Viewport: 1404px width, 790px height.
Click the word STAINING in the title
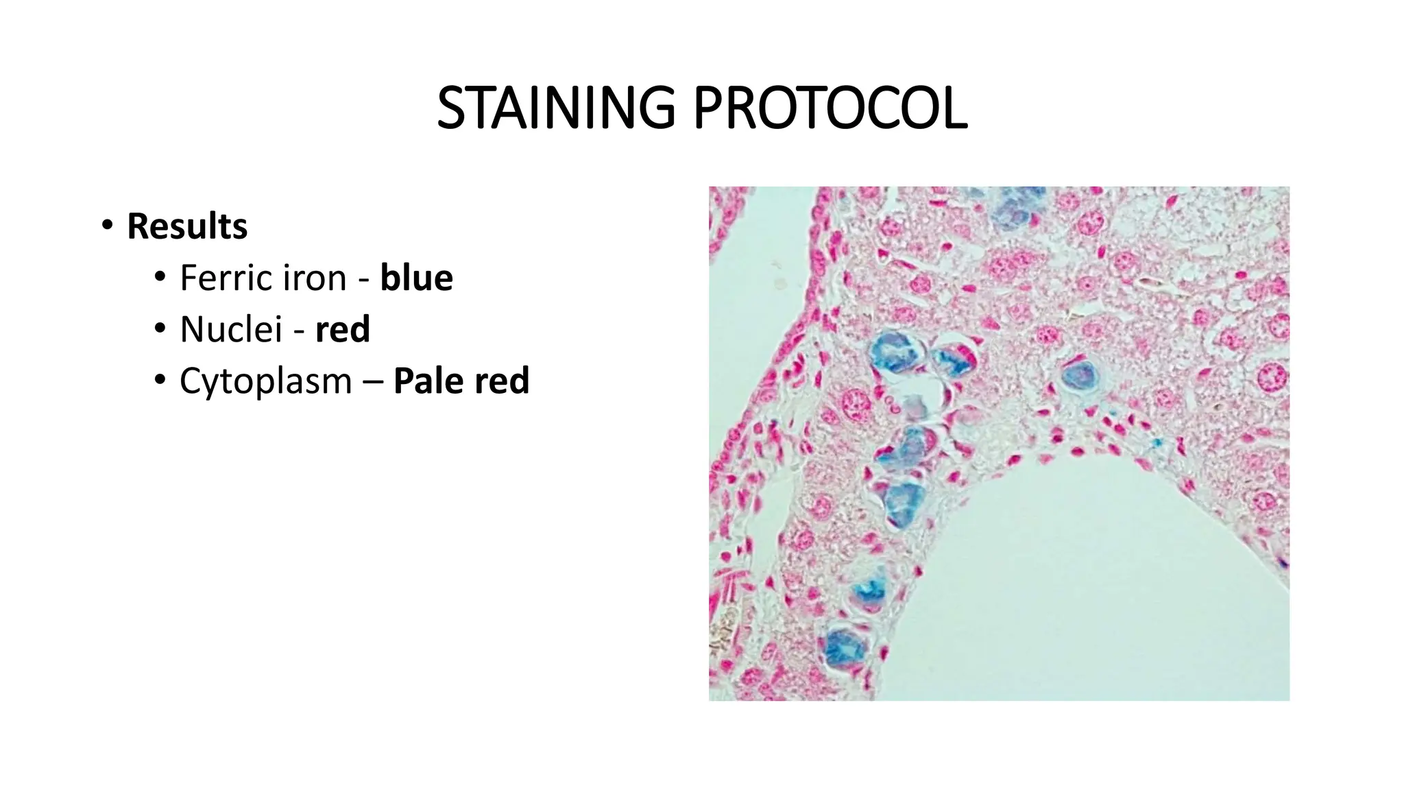(x=556, y=108)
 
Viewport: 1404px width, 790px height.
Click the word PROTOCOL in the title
(x=830, y=108)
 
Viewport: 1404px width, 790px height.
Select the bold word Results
(x=187, y=226)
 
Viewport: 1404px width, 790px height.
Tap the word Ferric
(x=223, y=278)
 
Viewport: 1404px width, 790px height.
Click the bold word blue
(x=417, y=278)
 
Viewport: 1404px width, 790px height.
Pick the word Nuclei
(x=231, y=329)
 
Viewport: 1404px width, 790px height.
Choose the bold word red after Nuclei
(x=343, y=329)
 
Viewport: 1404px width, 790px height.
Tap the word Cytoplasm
(x=265, y=381)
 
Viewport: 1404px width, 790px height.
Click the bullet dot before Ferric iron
(x=159, y=277)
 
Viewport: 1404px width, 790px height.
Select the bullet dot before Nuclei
(x=159, y=328)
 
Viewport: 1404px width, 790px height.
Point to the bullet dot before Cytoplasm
(x=159, y=380)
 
